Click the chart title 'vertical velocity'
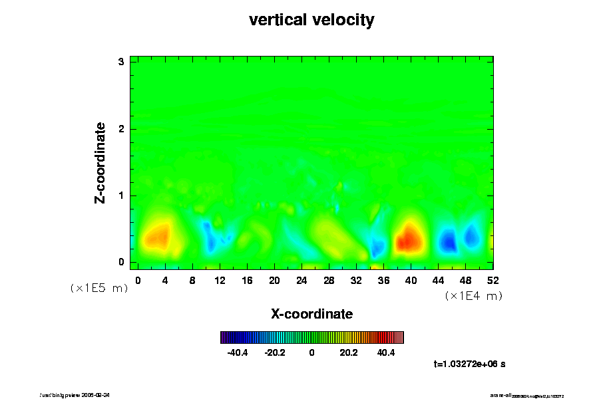(311, 20)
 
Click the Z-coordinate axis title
(100, 162)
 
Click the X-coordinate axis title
(311, 313)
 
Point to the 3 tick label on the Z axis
(121, 62)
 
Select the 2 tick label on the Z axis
(121, 129)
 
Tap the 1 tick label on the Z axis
(121, 196)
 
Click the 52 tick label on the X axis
(493, 281)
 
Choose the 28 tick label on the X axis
(329, 281)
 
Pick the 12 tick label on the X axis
(220, 281)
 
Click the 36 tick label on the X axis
(383, 281)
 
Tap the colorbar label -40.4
(238, 352)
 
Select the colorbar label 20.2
(349, 352)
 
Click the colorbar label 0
(311, 352)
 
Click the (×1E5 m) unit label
(99, 288)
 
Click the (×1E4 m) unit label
(473, 296)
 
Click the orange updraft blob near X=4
(157, 236)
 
